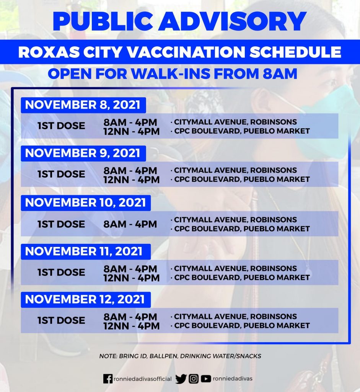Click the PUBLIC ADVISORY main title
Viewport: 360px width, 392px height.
pos(179,21)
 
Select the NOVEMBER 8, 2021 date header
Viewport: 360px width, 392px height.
pos(83,105)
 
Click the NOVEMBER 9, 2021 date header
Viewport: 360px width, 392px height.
pos(83,153)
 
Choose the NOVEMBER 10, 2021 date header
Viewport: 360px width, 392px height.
pos(86,203)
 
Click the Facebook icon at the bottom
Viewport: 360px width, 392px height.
pos(108,379)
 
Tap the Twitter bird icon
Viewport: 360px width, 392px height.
pos(181,379)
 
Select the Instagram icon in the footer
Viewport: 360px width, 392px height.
pos(194,379)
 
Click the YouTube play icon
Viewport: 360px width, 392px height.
pos(206,379)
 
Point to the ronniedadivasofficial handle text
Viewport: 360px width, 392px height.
pos(143,379)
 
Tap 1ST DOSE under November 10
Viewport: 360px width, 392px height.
pos(61,224)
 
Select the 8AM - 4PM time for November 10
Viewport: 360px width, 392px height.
pos(130,224)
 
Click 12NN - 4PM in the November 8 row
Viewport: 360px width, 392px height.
pos(131,132)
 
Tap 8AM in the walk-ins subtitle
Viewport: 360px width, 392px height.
pos(280,74)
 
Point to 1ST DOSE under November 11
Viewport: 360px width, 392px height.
pos(61,273)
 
